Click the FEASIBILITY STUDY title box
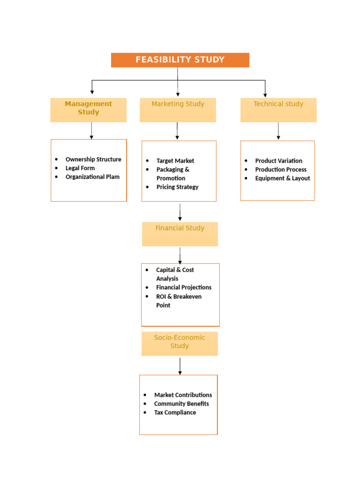tap(180, 60)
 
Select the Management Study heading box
tap(88, 110)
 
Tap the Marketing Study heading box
tap(178, 110)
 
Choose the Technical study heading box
tap(278, 110)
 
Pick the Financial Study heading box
tap(180, 234)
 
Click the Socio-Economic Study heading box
tap(180, 344)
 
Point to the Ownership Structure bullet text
tap(93, 159)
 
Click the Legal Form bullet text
tap(80, 168)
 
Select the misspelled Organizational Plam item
tap(92, 177)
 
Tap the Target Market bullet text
tap(175, 161)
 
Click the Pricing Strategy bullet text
tap(177, 187)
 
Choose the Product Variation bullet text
tap(278, 161)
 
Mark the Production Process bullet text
tap(281, 170)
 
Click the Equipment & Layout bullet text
tap(282, 179)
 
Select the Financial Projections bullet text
tap(184, 287)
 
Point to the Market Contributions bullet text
tap(183, 395)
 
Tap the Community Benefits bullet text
tap(181, 404)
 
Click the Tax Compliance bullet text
tap(175, 413)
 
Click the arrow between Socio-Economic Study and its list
tap(180, 366)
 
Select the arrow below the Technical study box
tap(278, 131)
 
